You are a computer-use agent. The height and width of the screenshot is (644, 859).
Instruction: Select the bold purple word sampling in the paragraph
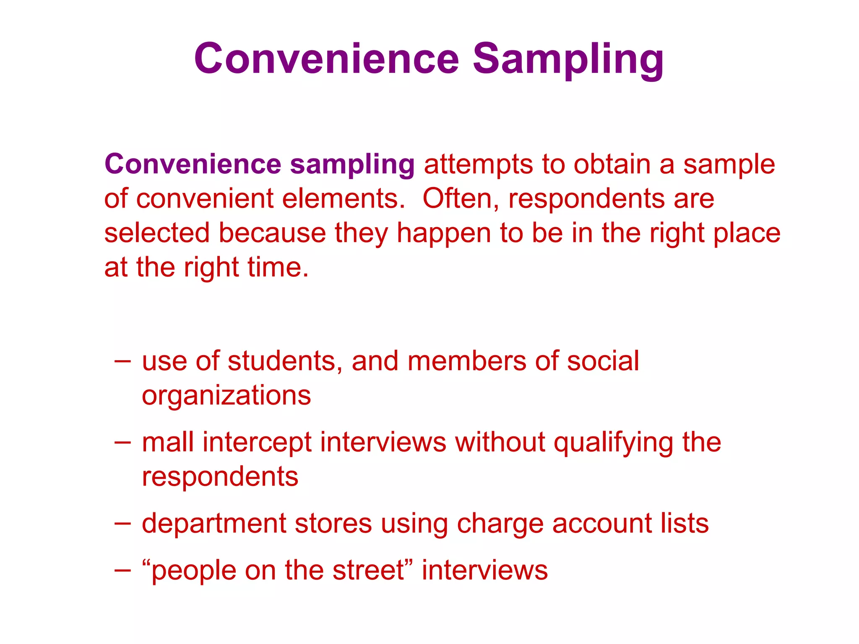[352, 164]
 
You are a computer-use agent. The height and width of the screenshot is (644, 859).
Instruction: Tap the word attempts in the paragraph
[478, 164]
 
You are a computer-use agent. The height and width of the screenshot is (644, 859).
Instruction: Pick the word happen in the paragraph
[444, 234]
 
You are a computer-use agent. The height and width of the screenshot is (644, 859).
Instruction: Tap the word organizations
[226, 395]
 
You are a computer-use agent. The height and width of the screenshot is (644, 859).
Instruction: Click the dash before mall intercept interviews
[122, 442]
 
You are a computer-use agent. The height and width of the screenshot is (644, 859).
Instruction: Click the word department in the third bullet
[214, 524]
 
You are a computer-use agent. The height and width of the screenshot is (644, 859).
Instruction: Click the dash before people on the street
[122, 570]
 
